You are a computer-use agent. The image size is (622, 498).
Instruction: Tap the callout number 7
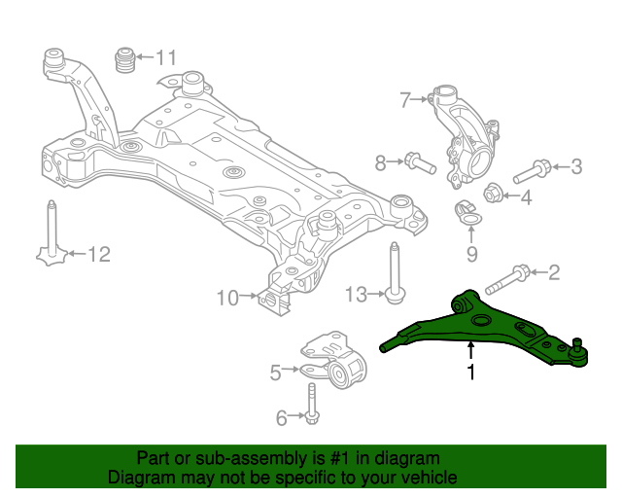[x=405, y=98]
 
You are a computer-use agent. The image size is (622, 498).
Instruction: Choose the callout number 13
[x=357, y=293]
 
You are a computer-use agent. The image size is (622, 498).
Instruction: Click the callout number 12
[x=99, y=255]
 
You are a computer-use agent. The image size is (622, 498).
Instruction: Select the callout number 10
[x=226, y=298]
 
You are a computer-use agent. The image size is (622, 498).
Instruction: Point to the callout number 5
[x=275, y=371]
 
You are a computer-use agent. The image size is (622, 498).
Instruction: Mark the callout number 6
[x=282, y=418]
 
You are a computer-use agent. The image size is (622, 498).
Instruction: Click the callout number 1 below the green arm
[x=471, y=372]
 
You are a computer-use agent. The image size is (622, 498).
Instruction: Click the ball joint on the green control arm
[x=577, y=351]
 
